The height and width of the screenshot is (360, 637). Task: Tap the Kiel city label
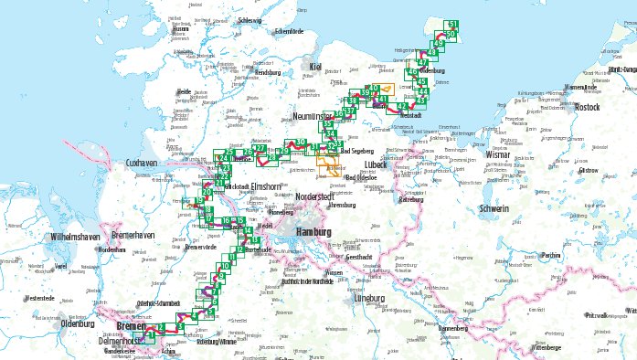click(317, 67)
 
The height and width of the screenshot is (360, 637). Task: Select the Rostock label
click(587, 107)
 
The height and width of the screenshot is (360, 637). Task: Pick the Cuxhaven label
click(142, 162)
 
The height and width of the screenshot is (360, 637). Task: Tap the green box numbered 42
click(401, 106)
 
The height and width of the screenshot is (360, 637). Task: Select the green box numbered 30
click(302, 143)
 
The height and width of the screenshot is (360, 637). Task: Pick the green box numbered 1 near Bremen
click(151, 338)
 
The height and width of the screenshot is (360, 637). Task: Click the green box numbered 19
click(199, 202)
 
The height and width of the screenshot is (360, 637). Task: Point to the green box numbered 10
click(226, 267)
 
